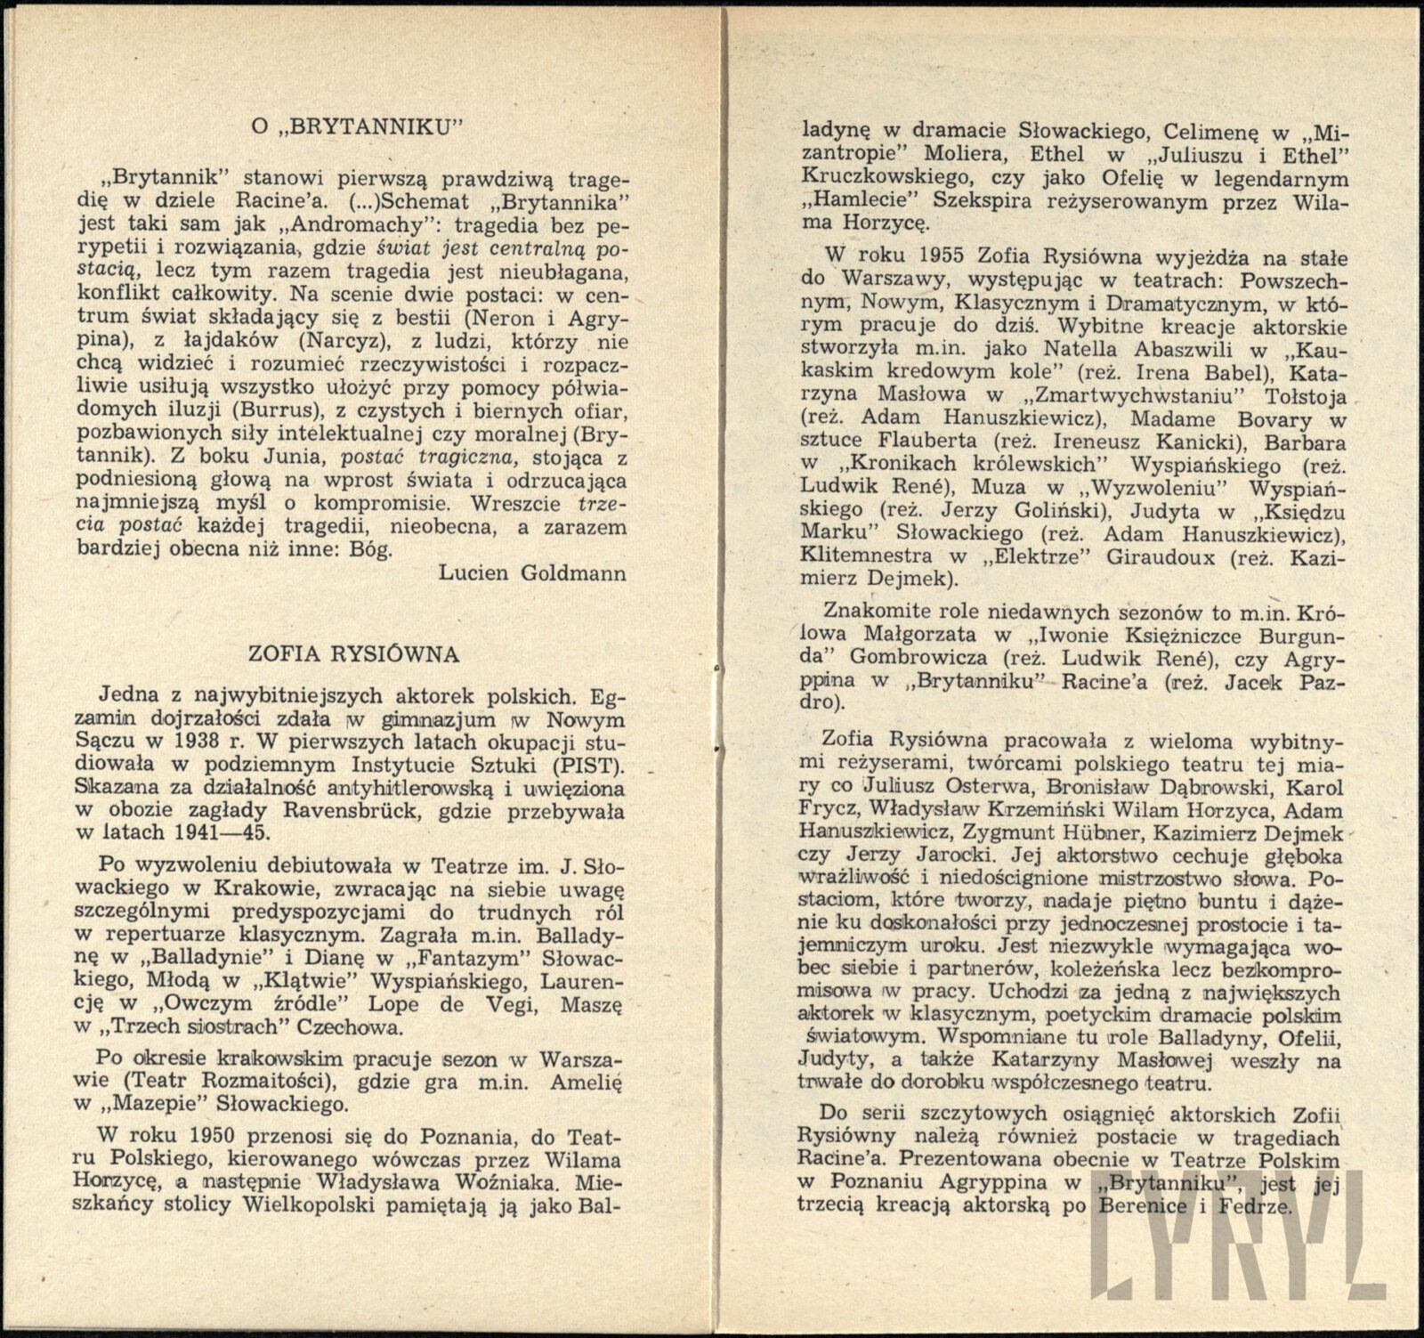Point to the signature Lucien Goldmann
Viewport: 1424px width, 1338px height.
pyautogui.click(x=532, y=572)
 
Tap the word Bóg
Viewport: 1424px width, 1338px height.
pyautogui.click(x=369, y=549)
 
